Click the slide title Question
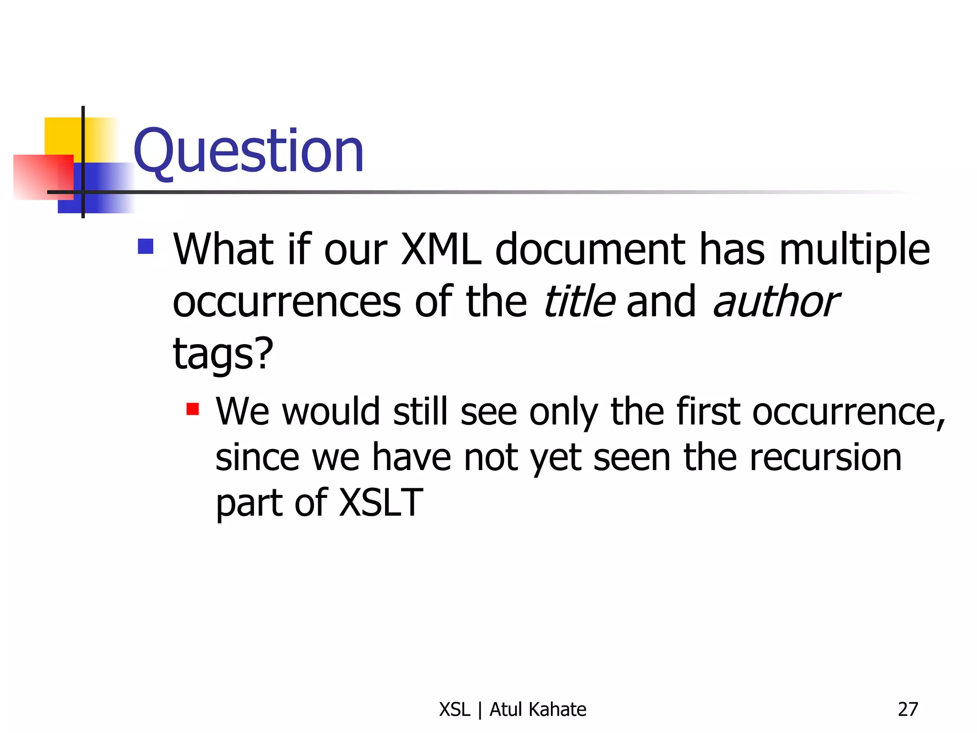(x=248, y=152)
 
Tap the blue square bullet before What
(x=146, y=246)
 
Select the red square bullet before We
(x=193, y=409)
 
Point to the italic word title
(x=579, y=302)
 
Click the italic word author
(x=776, y=302)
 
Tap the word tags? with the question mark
(x=223, y=354)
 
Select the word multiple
(x=854, y=250)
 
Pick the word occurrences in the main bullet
(x=287, y=302)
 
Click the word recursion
(x=825, y=457)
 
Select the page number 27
(x=907, y=710)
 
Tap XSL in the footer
(x=455, y=710)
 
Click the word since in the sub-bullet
(x=257, y=457)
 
